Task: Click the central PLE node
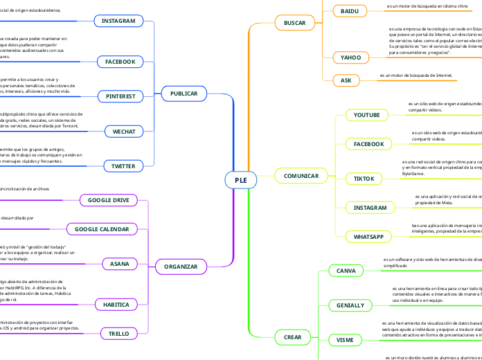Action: (241, 180)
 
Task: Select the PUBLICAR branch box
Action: (184, 93)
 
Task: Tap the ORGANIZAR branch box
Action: (181, 267)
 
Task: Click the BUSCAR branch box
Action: (294, 23)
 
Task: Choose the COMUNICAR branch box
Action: (301, 177)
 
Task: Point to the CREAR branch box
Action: (293, 337)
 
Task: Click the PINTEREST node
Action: (120, 96)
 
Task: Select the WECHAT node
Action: (123, 131)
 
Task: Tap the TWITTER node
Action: (123, 166)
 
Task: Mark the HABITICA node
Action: (116, 304)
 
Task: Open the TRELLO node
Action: (119, 334)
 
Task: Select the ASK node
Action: (346, 80)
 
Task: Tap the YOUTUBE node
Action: (366, 114)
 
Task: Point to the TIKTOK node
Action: (364, 179)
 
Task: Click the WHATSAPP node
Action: (368, 237)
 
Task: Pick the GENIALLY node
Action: (350, 305)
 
